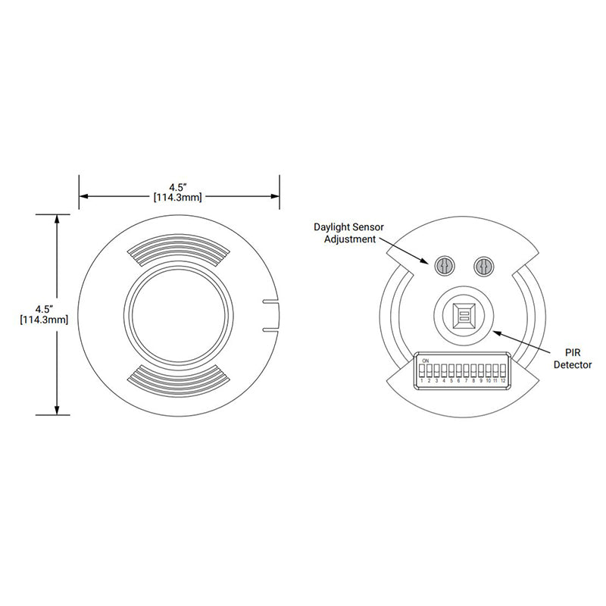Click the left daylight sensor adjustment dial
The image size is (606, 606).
pyautogui.click(x=445, y=266)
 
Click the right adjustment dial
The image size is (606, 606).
pyautogui.click(x=483, y=266)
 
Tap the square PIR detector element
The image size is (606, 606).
pyautogui.click(x=464, y=315)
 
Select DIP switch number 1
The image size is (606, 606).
pyautogui.click(x=422, y=371)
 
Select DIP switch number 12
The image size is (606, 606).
pyautogui.click(x=503, y=371)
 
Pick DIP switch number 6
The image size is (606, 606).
pyautogui.click(x=459, y=371)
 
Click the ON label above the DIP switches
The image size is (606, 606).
pyautogui.click(x=426, y=361)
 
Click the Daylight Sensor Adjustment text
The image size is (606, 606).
pyautogui.click(x=348, y=233)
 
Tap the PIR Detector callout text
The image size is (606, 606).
pyautogui.click(x=573, y=358)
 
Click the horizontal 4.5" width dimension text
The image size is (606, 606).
pyautogui.click(x=178, y=192)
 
